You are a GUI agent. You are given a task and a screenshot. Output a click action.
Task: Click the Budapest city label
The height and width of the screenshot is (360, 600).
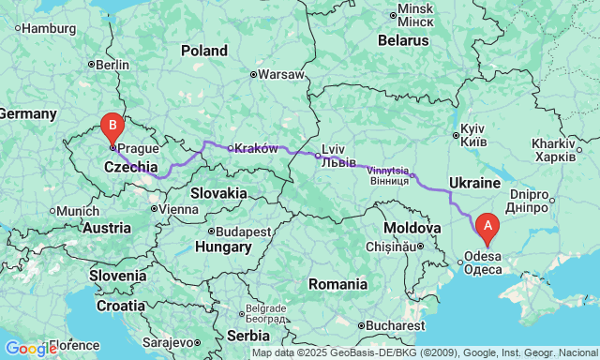click(x=242, y=231)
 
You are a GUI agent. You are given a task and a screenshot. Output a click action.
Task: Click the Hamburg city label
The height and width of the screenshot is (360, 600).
click(x=48, y=28)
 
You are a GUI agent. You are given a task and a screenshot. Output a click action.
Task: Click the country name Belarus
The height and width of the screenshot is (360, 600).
click(x=403, y=40)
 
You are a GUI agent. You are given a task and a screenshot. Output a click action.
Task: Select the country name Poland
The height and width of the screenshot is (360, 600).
click(x=203, y=51)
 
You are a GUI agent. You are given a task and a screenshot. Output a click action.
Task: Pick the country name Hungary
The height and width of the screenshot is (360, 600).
click(x=223, y=247)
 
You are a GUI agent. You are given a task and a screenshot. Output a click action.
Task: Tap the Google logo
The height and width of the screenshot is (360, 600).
click(x=30, y=349)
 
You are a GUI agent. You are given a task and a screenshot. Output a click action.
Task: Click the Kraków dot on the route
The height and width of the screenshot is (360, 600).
click(x=231, y=148)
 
